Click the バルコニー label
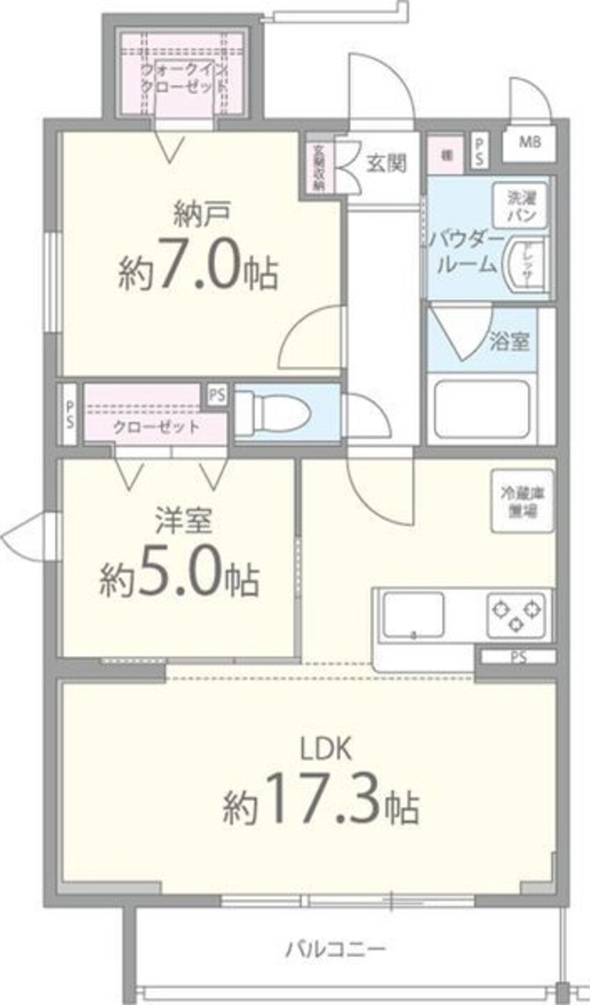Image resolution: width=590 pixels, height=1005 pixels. coord(334,949)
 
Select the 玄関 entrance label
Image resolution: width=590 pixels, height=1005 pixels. coord(386,164)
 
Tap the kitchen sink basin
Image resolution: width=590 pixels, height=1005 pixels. coord(415,614)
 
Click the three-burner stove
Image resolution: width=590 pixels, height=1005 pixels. coord(515,613)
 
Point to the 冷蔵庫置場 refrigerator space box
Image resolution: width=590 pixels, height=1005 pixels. coord(522,501)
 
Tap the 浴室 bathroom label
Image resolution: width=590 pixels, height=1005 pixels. coord(508,342)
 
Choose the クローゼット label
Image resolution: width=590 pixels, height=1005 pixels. coord(156,427)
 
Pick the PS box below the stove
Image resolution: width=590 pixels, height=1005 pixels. coord(517,657)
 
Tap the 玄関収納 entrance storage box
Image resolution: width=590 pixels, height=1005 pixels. coord(318,167)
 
